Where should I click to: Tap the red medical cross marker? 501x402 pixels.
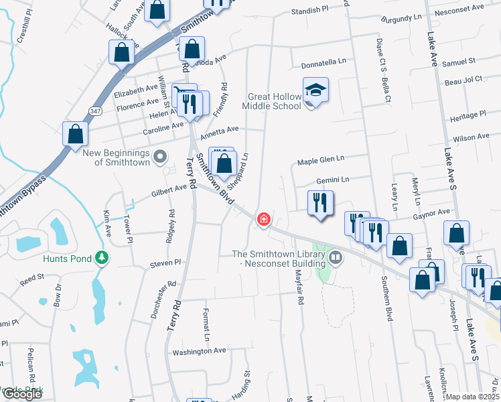click(264, 219)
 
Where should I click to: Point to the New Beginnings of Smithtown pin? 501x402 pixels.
click(159, 157)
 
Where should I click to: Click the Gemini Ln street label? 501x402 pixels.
click(332, 180)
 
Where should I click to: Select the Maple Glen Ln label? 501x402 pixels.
click(321, 159)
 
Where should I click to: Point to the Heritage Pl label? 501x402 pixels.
click(468, 115)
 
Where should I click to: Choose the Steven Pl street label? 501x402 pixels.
click(166, 263)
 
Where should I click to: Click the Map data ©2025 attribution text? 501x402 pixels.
click(473, 397)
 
